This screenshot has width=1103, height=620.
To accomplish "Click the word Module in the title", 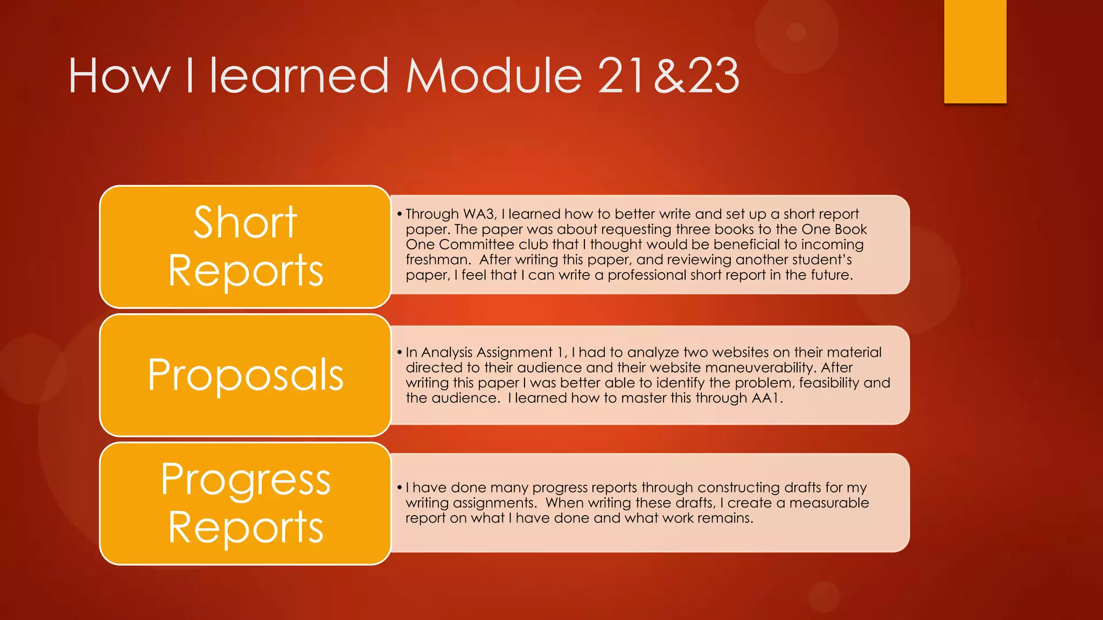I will click(494, 76).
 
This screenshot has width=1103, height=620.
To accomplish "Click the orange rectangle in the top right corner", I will click(975, 51).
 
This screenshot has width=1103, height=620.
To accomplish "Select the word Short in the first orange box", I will click(245, 222).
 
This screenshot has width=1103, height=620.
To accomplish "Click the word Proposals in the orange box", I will click(246, 375).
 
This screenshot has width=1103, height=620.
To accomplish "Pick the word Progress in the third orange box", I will click(246, 480).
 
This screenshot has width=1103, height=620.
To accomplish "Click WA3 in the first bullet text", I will click(479, 214).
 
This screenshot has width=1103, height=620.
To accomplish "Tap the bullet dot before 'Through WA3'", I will click(400, 214).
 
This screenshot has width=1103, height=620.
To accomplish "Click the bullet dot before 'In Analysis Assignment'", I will click(400, 353).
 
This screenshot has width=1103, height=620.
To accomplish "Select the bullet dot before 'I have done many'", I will click(400, 488).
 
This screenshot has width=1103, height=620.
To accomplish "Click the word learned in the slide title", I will click(299, 76).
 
